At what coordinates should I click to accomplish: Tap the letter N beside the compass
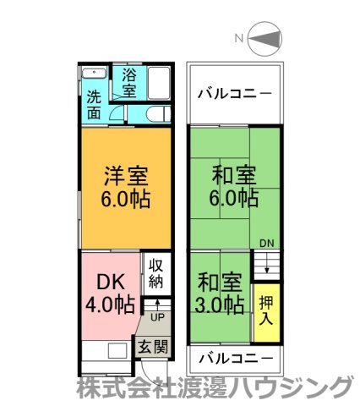239,38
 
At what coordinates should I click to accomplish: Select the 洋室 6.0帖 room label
126,189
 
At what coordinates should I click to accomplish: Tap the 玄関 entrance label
153,346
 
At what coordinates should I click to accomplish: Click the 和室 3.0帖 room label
221,292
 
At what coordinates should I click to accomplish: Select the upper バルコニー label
234,92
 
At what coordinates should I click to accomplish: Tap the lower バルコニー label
234,358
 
